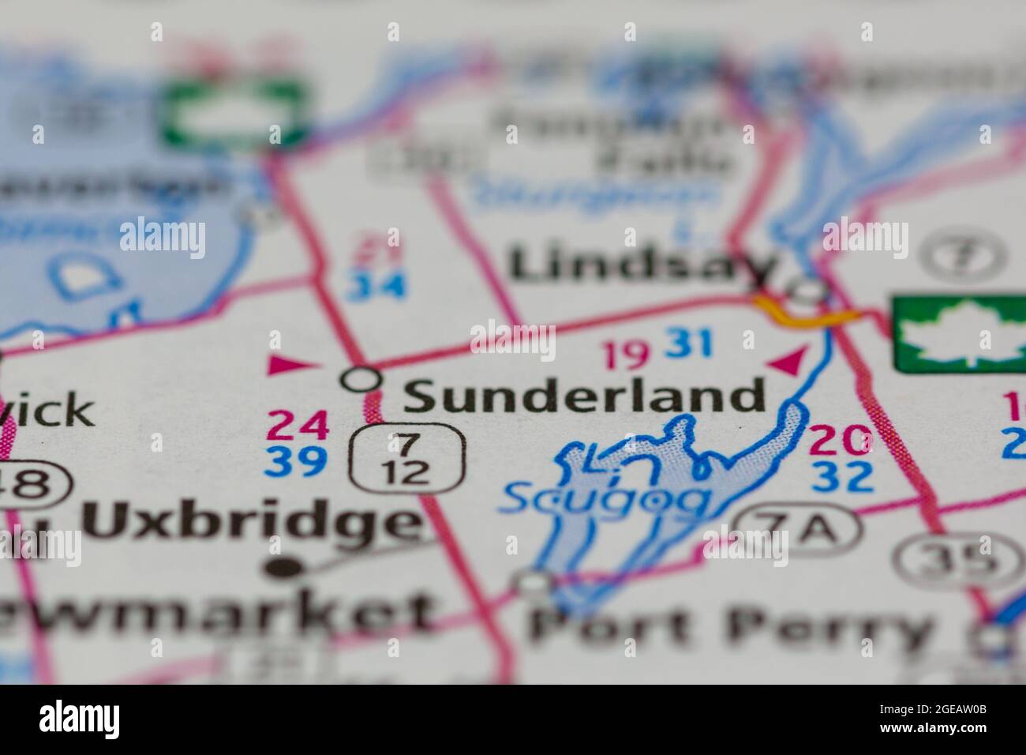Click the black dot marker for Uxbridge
[277, 567]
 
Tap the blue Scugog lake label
[606, 498]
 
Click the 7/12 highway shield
[408, 459]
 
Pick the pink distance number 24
[297, 427]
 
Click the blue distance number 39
[297, 462]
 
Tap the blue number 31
[689, 343]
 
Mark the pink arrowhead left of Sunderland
[289, 364]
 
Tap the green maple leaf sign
[959, 333]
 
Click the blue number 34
[378, 284]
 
